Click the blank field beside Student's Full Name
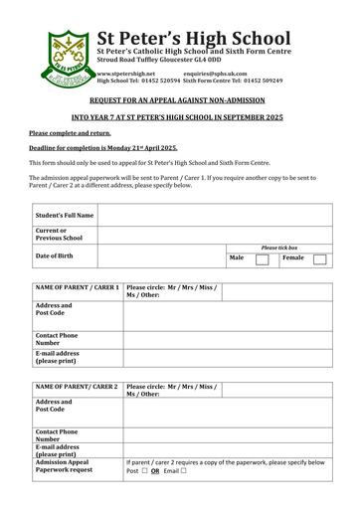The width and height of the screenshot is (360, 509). click(x=214, y=214)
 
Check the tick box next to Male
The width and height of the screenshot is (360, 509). click(x=262, y=259)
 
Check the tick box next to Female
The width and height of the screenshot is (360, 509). click(x=319, y=259)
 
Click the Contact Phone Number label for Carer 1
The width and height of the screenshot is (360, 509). click(x=57, y=340)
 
